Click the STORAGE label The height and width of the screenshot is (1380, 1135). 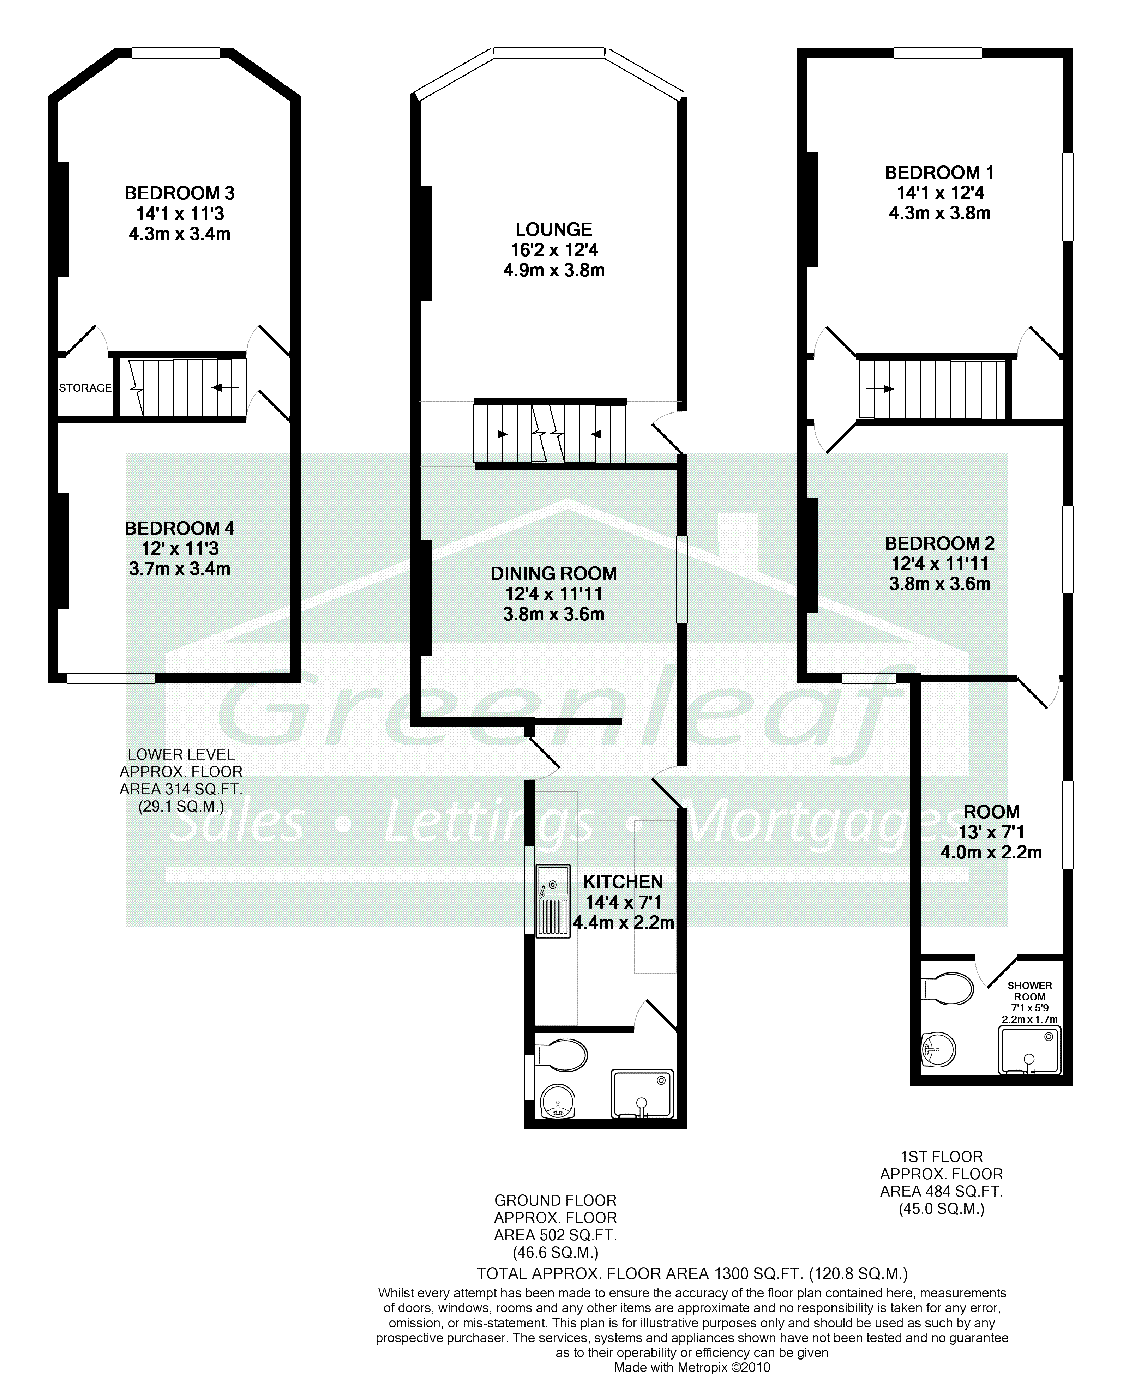coord(85,388)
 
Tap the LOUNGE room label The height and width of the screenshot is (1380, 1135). coord(554,229)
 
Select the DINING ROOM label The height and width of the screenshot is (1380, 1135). coord(554,573)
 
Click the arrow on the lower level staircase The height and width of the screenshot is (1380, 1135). coord(226,388)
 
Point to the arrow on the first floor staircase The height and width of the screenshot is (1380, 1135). coord(880,389)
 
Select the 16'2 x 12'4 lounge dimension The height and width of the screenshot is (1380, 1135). coord(554,250)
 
